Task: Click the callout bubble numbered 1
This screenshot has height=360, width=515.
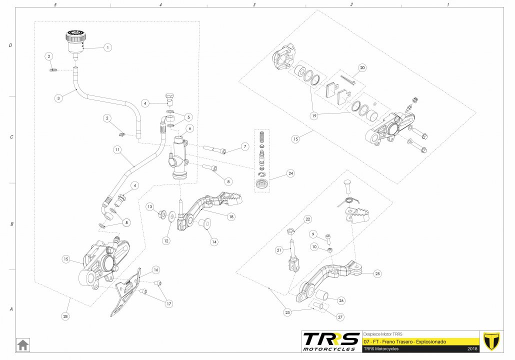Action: point(106,47)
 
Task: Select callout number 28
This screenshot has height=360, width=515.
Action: point(65,316)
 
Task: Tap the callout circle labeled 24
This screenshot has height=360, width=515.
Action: point(290,173)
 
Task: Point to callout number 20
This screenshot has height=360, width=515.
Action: point(362,68)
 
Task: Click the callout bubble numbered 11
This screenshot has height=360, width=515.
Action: point(117,149)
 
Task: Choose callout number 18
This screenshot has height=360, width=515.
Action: point(231,216)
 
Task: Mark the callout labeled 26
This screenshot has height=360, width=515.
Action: point(341,300)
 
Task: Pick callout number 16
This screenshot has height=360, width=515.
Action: point(156,270)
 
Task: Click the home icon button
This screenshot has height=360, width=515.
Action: point(23,344)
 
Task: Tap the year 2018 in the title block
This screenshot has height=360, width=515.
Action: point(472,348)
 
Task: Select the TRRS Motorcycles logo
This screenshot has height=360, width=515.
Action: point(331,341)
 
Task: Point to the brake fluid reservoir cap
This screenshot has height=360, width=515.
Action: point(76,36)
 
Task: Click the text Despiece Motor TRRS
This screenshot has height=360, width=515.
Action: point(382,334)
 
